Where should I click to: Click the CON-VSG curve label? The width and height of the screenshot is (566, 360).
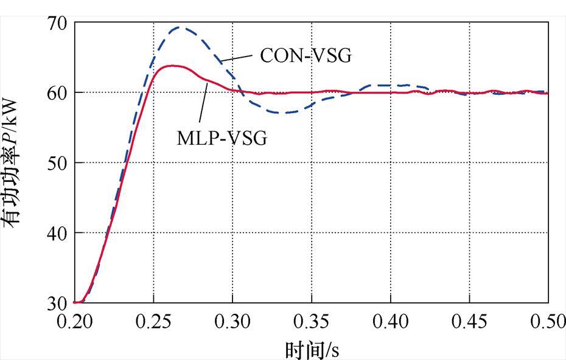[x=306, y=56]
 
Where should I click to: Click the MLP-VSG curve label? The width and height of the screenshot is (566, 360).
[x=222, y=139]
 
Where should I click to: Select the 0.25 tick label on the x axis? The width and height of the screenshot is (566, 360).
[x=154, y=321]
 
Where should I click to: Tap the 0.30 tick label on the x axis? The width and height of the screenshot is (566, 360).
[x=232, y=321]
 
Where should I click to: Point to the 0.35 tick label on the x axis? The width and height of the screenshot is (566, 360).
[x=312, y=321]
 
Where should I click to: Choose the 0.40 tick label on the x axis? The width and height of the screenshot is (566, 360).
[x=390, y=321]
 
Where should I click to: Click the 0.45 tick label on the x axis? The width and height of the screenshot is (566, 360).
[x=469, y=321]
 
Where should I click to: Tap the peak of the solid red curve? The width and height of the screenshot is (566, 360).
[x=173, y=66]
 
